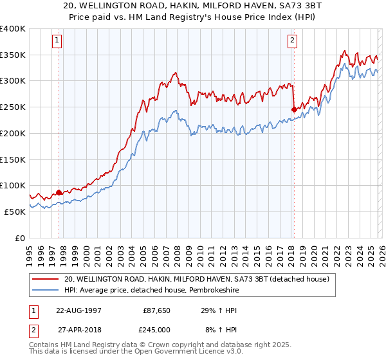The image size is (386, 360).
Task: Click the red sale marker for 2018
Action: pos(294,109)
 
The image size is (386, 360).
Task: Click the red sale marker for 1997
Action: pos(59,192)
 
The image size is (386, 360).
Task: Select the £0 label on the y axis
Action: pos(19,238)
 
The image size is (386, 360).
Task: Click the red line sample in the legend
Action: pos(46,279)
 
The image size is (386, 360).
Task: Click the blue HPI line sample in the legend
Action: pos(46,290)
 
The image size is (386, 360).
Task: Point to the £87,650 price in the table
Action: pos(155,310)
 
